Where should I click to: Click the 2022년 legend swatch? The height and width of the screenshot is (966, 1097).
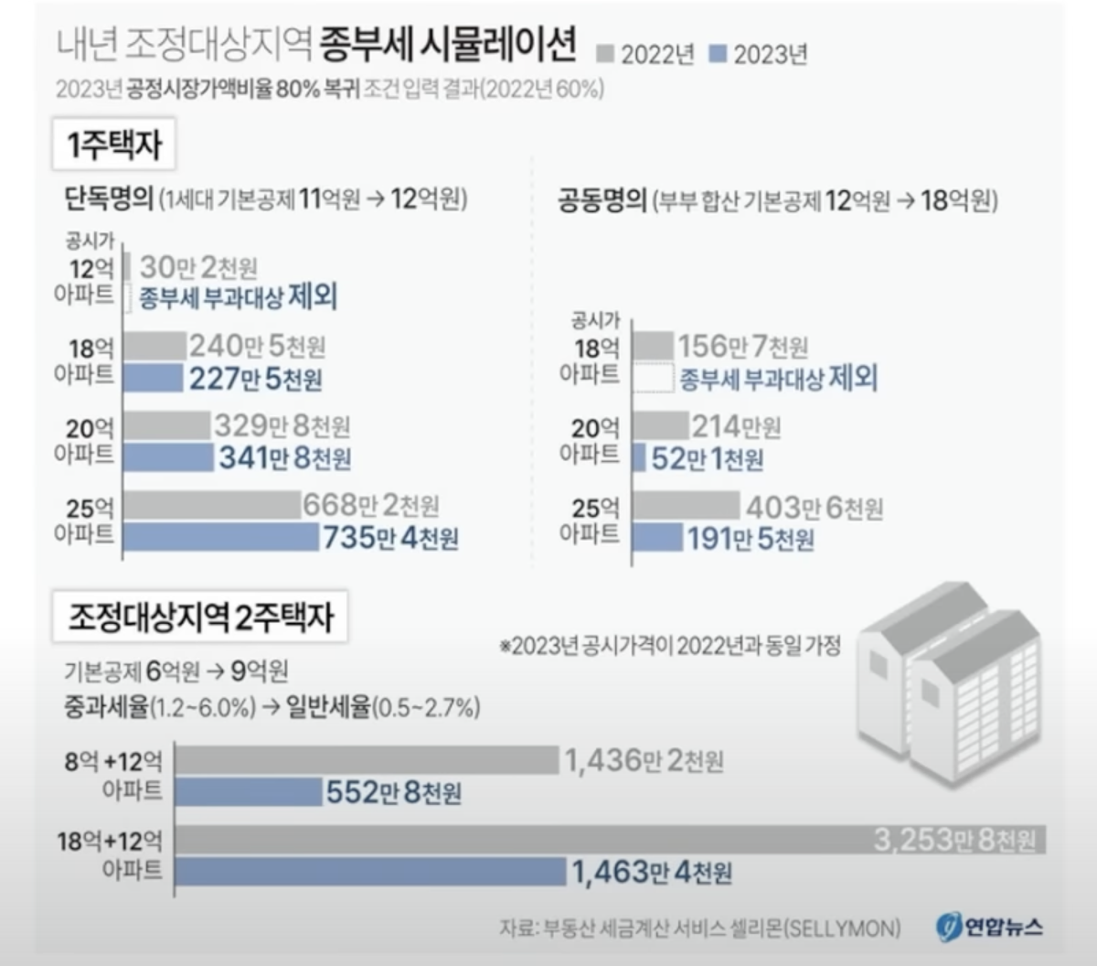(604, 54)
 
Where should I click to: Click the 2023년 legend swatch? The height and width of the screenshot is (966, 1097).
(718, 54)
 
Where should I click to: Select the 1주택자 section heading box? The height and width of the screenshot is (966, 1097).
(114, 145)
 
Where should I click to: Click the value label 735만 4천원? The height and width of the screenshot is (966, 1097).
(390, 538)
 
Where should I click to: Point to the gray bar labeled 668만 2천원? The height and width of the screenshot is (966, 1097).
(212, 505)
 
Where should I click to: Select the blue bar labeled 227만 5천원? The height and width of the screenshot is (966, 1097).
(153, 378)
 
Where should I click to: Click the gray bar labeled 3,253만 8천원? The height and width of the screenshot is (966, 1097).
(521, 840)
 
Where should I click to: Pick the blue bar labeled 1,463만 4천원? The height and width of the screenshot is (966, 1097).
(370, 871)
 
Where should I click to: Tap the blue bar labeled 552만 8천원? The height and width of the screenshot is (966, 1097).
(248, 791)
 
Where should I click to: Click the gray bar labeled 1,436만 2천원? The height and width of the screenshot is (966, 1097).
(367, 760)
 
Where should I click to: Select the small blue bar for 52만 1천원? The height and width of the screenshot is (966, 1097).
(639, 457)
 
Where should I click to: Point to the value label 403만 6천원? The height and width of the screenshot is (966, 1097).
(815, 507)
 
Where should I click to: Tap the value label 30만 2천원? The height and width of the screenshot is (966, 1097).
(198, 267)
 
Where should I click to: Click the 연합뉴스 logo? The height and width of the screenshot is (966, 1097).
(990, 927)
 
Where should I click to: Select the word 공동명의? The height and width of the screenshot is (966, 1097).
(602, 200)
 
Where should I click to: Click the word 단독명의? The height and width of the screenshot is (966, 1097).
(109, 199)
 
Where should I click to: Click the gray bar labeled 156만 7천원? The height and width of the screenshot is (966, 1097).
(652, 346)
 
